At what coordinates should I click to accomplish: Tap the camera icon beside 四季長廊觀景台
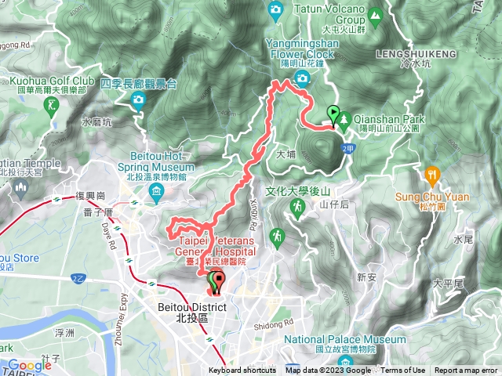[138, 99]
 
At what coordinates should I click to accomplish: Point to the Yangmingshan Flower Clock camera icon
[303, 77]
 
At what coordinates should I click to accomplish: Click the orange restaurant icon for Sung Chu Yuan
[431, 173]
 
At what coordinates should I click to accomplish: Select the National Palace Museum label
[345, 339]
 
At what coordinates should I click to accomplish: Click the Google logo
[29, 365]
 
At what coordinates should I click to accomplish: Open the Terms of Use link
[403, 371]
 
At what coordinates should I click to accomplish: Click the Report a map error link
[467, 371]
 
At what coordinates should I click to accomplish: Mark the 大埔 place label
[286, 155]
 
